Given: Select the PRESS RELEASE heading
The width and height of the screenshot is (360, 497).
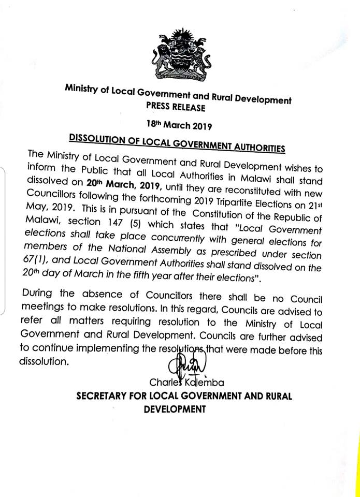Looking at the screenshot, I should (179, 108).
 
